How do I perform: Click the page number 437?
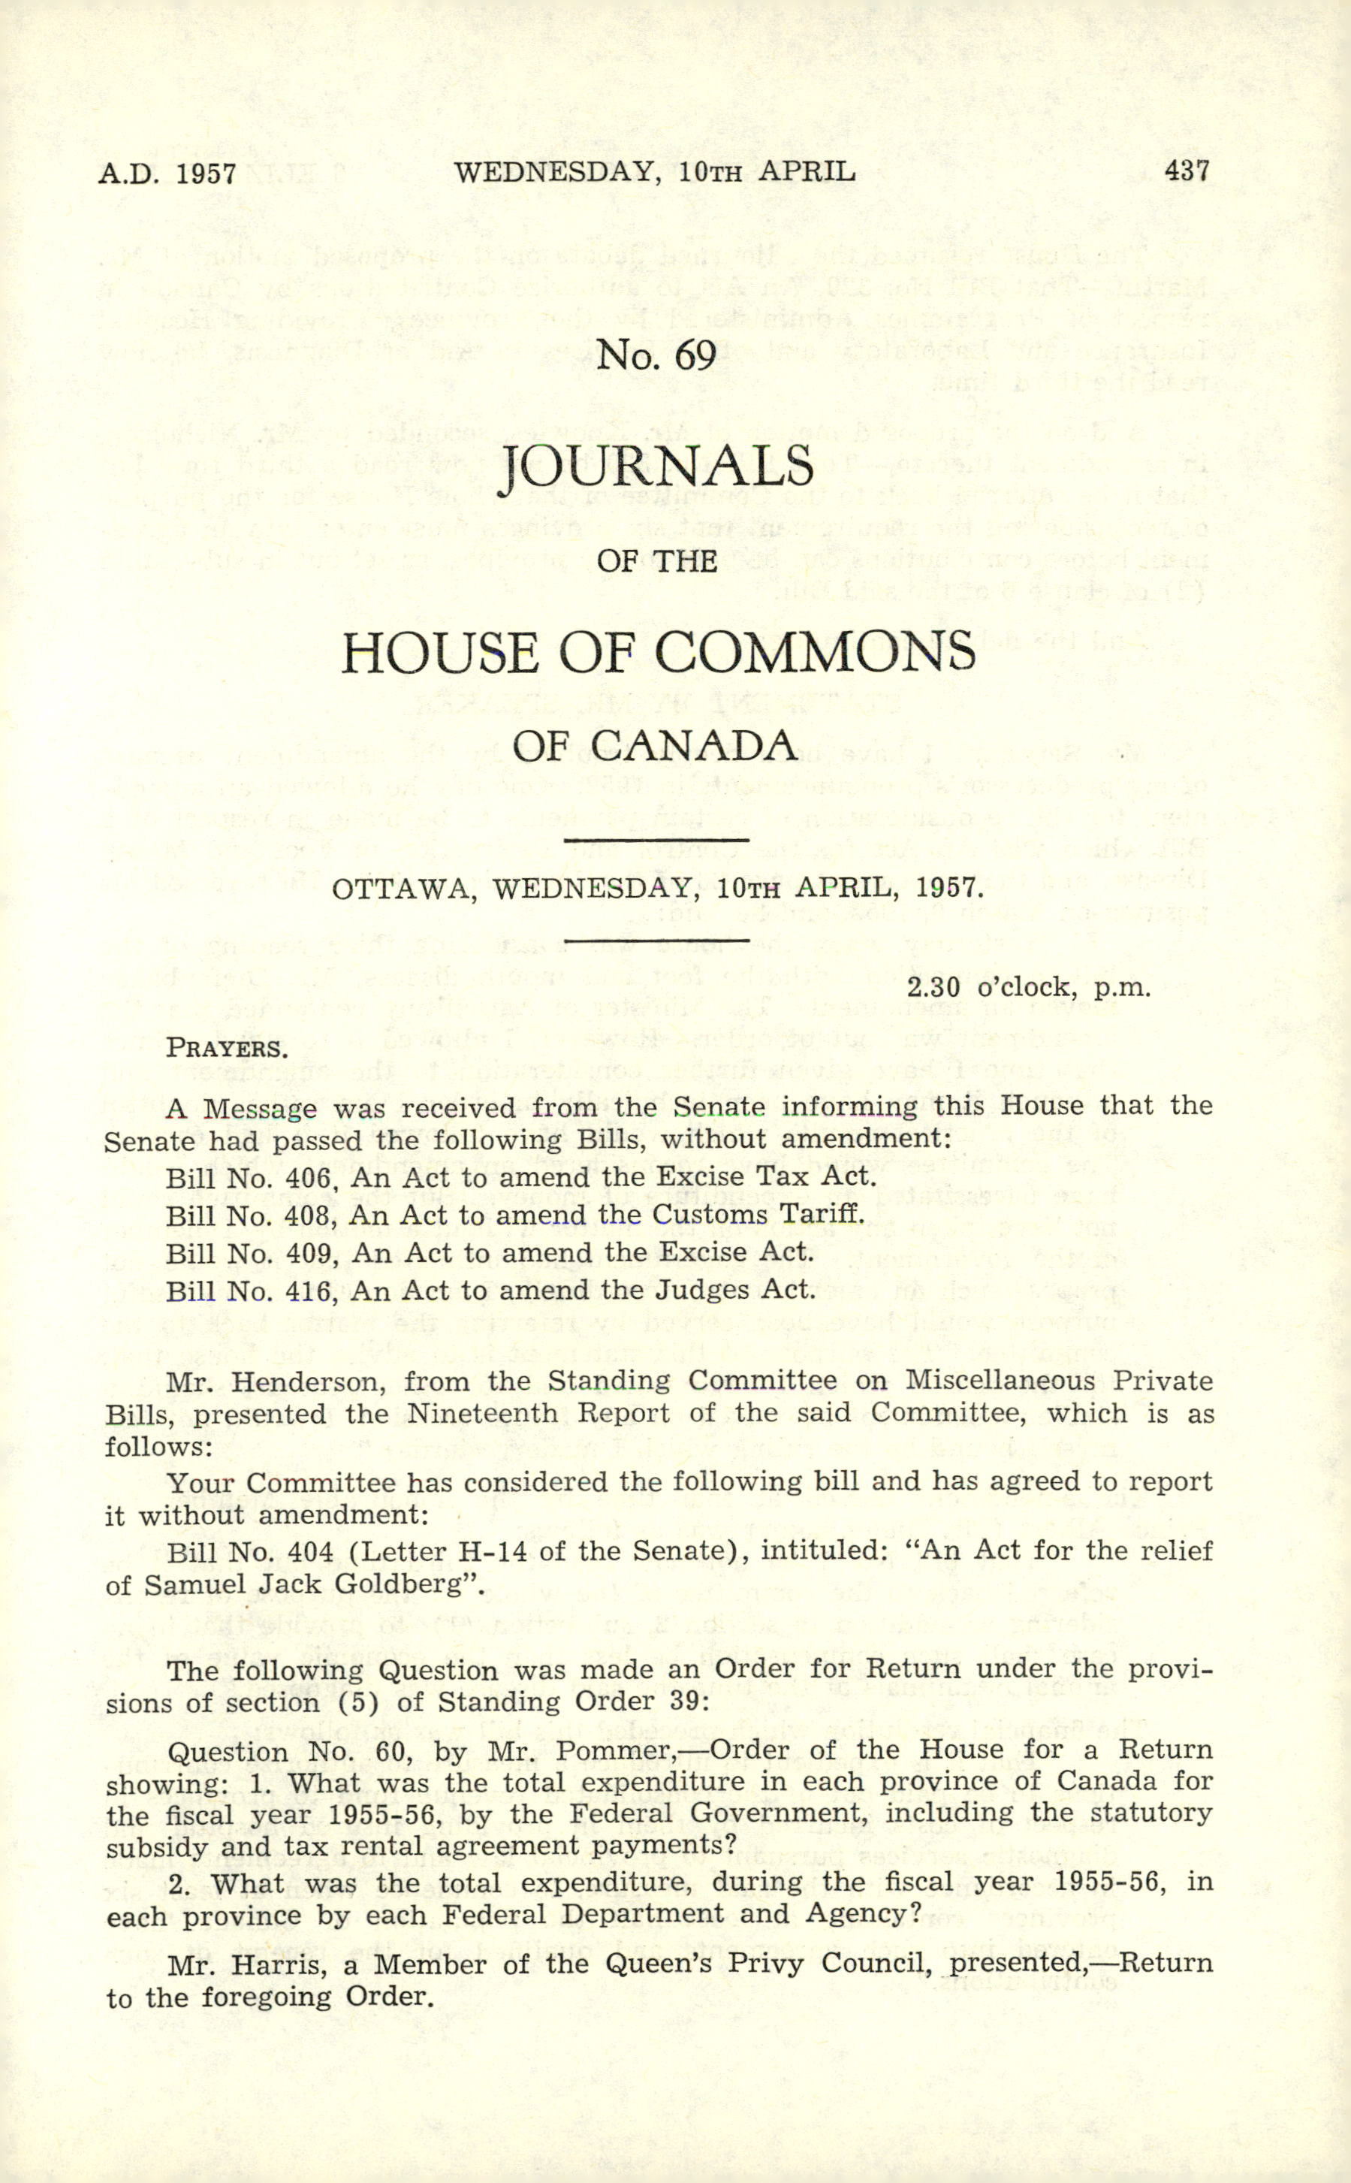[x=1187, y=170]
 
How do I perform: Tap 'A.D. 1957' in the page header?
[x=167, y=174]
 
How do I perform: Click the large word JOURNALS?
[x=657, y=466]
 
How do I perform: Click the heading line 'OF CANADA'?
[x=656, y=746]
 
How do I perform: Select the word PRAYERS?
[x=227, y=1048]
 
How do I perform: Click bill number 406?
[x=310, y=1178]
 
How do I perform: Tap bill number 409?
[x=310, y=1253]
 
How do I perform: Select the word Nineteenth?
[x=484, y=1414]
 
